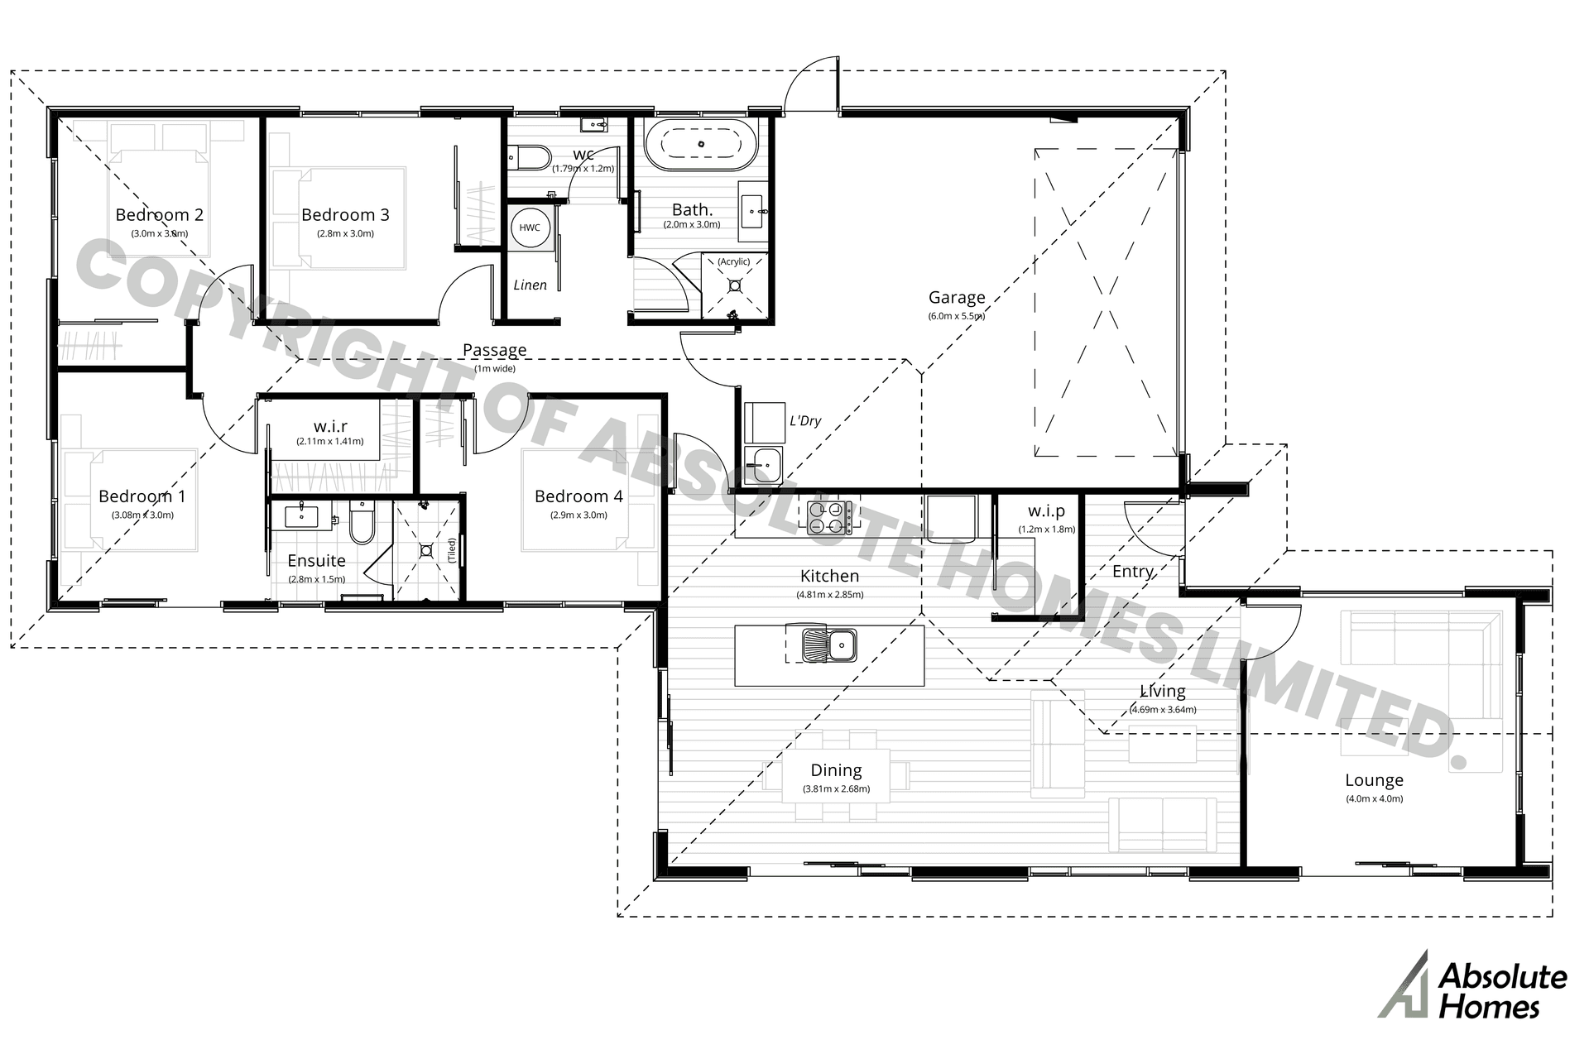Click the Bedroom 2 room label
coord(159,215)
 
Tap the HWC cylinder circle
coord(530,228)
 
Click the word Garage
coord(956,297)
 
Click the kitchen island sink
coord(829,645)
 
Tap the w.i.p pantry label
coord(1046,511)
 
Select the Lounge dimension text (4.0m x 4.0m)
coord(1374,798)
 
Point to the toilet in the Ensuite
coord(362,525)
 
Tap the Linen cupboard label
coord(530,285)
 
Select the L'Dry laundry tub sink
coord(761,464)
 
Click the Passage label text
coord(494,350)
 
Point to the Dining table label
coord(836,770)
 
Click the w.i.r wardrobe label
coord(330,426)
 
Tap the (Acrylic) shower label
coord(733,261)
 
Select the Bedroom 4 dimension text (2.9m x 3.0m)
coord(578,515)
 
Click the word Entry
coord(1132,572)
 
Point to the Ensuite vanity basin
coord(300,516)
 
